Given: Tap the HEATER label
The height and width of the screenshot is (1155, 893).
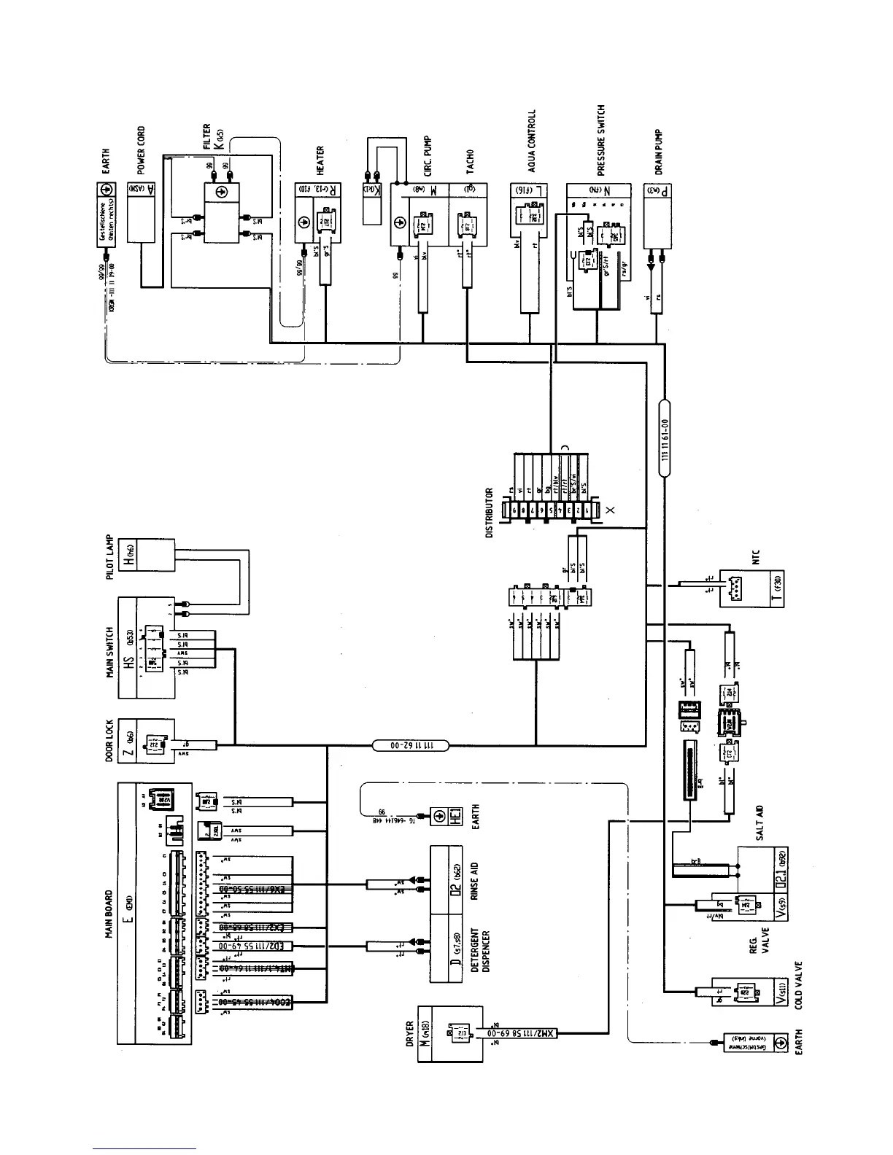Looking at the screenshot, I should tap(321, 161).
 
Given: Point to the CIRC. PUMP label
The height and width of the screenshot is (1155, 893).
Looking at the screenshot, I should tap(428, 155).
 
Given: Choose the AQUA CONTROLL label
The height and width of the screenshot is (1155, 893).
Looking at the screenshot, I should tap(532, 140).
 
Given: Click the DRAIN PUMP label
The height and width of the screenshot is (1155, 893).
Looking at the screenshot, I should tap(658, 152).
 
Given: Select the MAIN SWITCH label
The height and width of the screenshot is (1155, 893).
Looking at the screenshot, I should tap(110, 651).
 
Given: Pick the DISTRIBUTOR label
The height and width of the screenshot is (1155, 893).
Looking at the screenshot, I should tap(490, 513).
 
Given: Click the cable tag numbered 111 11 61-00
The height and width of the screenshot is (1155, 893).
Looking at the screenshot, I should tap(665, 437).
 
